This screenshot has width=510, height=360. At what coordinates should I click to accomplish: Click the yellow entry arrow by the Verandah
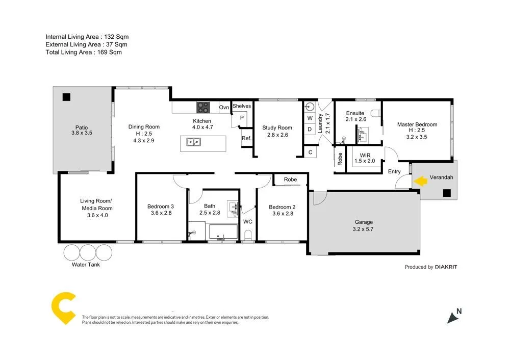click(x=420, y=181)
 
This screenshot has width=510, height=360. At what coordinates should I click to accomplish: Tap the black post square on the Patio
click(x=66, y=97)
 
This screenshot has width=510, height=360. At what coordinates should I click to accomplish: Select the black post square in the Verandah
click(x=447, y=193)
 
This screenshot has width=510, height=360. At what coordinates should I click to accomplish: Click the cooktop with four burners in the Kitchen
click(x=203, y=108)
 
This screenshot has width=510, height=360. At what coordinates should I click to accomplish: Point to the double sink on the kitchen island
click(x=193, y=142)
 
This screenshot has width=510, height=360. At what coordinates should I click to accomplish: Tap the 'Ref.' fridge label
click(x=246, y=138)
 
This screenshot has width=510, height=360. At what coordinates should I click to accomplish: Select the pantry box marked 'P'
click(x=242, y=118)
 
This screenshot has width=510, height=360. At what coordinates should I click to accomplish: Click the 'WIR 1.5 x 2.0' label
click(x=364, y=158)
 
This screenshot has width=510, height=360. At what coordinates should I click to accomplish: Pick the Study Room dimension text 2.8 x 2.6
click(x=277, y=135)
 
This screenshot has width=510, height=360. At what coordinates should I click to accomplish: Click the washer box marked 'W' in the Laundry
click(x=310, y=118)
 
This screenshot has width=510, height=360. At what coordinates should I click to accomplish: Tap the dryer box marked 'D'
click(x=310, y=130)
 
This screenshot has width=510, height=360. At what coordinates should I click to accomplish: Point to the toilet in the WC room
click(x=248, y=235)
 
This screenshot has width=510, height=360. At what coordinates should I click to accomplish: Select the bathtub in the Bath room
click(x=223, y=232)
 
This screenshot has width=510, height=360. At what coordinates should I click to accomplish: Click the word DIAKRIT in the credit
click(x=446, y=267)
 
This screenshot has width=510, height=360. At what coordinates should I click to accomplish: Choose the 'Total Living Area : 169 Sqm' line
click(x=84, y=52)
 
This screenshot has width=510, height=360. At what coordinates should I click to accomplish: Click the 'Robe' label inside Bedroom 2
click(x=290, y=179)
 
